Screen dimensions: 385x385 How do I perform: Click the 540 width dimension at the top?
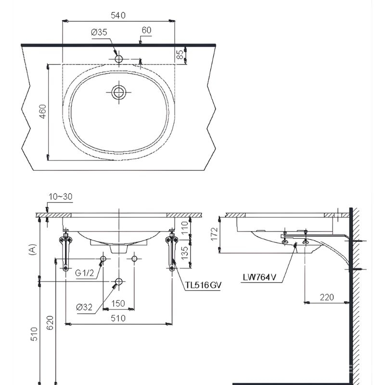coord(118,15)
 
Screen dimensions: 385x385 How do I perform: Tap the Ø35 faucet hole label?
coord(99,32)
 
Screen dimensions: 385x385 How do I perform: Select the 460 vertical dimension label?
coord(43,112)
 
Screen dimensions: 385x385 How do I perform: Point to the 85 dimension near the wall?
coord(180,54)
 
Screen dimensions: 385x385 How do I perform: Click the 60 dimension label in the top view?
coord(146,30)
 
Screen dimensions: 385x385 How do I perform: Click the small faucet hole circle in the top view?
coord(119,59)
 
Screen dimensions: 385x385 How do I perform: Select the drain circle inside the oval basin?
coord(119,92)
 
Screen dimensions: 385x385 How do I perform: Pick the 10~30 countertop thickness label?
coord(61,197)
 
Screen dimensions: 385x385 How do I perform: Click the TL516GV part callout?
coord(203,285)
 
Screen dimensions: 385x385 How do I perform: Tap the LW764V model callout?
coord(259,277)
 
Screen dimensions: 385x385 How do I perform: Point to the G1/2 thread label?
coord(85,273)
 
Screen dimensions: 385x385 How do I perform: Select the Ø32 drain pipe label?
coord(84,307)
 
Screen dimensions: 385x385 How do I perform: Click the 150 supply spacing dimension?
coord(118,304)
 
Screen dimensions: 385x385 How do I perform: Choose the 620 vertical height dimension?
coord(50,323)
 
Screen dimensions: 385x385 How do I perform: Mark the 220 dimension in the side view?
coord(327,297)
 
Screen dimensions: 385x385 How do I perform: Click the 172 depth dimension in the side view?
coord(214,234)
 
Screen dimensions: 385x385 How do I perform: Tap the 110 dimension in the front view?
coord(185,227)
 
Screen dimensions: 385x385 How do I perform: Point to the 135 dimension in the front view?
coord(185,253)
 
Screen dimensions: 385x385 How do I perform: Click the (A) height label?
coord(33,250)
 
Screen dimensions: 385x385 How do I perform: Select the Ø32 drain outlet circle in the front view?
coord(119,282)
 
